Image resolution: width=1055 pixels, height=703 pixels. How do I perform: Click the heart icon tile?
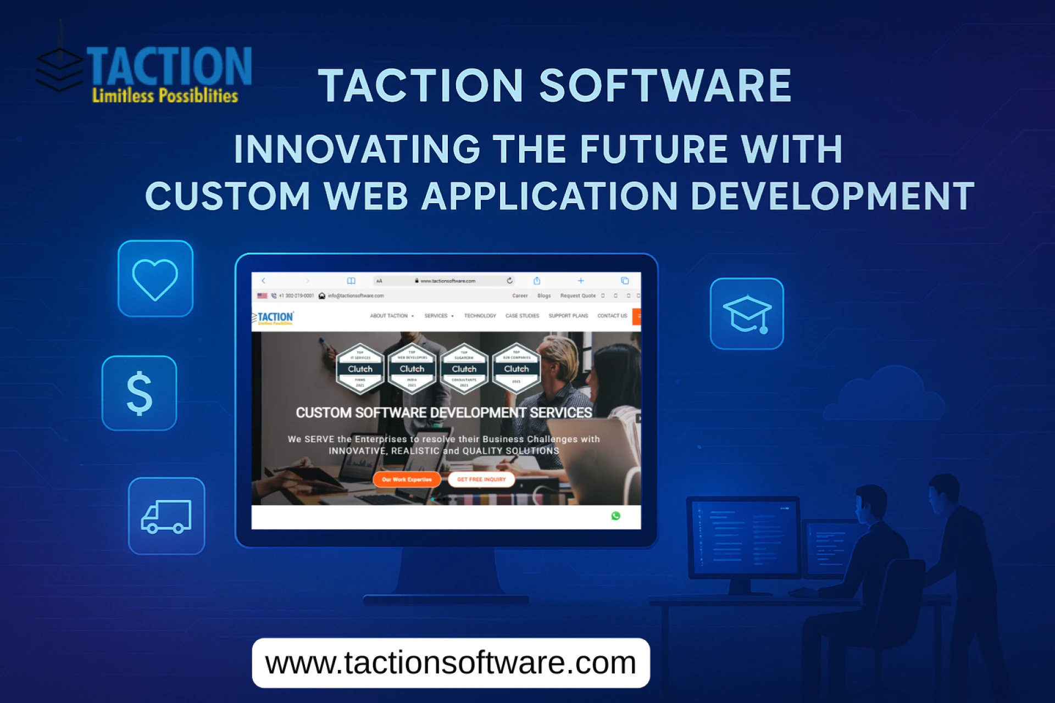pyautogui.click(x=156, y=278)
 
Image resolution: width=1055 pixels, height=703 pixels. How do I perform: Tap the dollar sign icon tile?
pyautogui.click(x=140, y=393)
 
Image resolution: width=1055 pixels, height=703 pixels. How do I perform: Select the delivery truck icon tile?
pyautogui.click(x=166, y=516)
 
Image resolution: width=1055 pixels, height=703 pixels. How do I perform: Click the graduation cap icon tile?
pyautogui.click(x=747, y=314)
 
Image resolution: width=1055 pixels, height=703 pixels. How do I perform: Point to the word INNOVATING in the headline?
pyautogui.click(x=357, y=149)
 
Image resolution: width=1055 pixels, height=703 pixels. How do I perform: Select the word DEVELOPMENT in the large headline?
pyautogui.click(x=832, y=197)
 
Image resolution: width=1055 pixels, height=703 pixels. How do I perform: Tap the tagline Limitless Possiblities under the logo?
pyautogui.click(x=165, y=96)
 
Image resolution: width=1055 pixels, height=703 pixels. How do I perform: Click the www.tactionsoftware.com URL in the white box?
pyautogui.click(x=451, y=663)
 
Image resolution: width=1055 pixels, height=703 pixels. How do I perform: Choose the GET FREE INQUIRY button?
pyautogui.click(x=481, y=479)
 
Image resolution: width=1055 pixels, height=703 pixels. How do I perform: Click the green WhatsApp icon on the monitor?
pyautogui.click(x=616, y=516)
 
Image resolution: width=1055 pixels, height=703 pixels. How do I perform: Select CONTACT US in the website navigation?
pyautogui.click(x=612, y=316)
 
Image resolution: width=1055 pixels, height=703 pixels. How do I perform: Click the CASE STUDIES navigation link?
pyautogui.click(x=522, y=316)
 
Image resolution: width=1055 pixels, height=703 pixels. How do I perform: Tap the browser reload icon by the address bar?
pyautogui.click(x=510, y=281)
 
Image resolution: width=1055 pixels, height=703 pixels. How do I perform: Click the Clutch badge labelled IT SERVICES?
pyautogui.click(x=360, y=369)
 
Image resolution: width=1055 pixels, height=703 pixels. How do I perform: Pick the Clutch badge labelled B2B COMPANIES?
pyautogui.click(x=517, y=369)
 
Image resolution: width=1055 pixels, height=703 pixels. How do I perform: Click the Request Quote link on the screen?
pyautogui.click(x=578, y=295)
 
